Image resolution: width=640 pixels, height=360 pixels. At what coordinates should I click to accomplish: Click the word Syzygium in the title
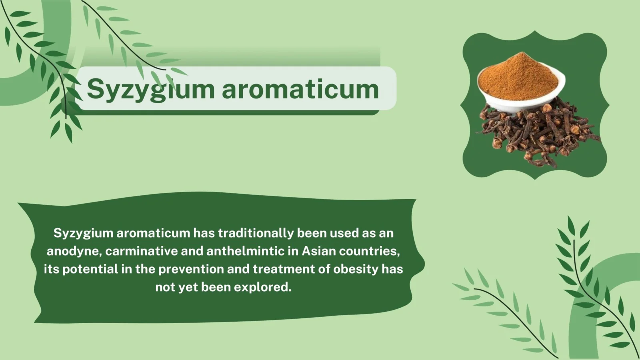click(150, 90)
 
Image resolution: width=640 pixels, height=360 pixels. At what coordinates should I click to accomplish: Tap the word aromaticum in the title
click(300, 90)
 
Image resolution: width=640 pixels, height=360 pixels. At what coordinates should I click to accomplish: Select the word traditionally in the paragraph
click(256, 233)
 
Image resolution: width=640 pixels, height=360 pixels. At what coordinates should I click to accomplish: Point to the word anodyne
click(74, 252)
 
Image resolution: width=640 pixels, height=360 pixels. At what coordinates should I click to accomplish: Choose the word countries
click(370, 252)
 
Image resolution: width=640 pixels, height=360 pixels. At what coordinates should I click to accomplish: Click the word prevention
click(191, 270)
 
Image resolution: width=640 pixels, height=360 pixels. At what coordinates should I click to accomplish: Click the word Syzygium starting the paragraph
click(84, 234)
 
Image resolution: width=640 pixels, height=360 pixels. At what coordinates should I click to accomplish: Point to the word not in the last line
click(165, 288)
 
